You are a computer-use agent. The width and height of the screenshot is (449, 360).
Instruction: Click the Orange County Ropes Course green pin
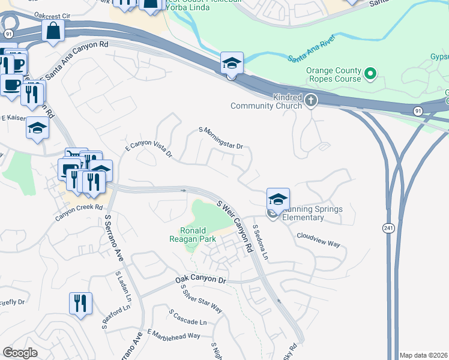[370, 74]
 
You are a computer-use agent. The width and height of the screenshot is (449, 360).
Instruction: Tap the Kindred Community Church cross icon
[311, 100]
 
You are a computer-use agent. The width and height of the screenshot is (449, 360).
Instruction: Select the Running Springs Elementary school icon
[278, 199]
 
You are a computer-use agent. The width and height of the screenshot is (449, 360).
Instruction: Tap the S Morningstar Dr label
[220, 138]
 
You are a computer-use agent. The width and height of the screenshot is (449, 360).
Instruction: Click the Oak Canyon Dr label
[200, 280]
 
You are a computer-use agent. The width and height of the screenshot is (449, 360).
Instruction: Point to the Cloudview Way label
[318, 241]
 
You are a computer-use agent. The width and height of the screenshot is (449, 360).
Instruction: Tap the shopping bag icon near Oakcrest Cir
[53, 31]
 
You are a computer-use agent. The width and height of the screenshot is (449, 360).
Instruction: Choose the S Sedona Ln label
[260, 242]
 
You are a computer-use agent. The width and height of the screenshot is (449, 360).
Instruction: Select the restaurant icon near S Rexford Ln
[80, 303]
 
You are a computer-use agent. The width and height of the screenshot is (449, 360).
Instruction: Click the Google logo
[20, 353]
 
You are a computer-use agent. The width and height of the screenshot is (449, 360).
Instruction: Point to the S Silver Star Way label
[202, 299]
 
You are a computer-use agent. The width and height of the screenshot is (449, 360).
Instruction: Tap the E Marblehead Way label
[173, 334]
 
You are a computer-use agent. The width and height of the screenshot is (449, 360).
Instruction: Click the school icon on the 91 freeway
[231, 63]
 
